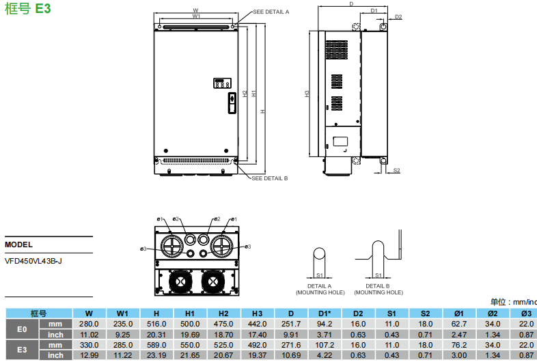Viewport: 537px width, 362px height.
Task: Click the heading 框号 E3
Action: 27,8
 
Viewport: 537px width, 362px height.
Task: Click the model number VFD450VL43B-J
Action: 33,260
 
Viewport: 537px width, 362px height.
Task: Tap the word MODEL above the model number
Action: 18,244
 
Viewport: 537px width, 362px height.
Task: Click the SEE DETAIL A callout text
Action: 271,12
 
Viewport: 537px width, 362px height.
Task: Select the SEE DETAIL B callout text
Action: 270,178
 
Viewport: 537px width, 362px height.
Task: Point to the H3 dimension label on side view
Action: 307,94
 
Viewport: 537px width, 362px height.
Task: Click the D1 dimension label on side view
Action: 374,11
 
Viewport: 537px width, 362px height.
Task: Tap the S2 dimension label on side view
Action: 396,170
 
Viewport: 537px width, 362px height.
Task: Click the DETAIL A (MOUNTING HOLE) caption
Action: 320,289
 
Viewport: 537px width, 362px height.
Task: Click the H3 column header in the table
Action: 257,314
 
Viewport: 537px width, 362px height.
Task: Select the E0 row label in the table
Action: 22,329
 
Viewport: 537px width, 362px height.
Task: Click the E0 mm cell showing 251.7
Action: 290,324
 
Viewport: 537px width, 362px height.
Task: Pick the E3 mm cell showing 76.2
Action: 458,345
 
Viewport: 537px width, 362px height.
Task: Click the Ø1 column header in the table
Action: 458,314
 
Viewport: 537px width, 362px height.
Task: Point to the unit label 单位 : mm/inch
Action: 513,302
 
